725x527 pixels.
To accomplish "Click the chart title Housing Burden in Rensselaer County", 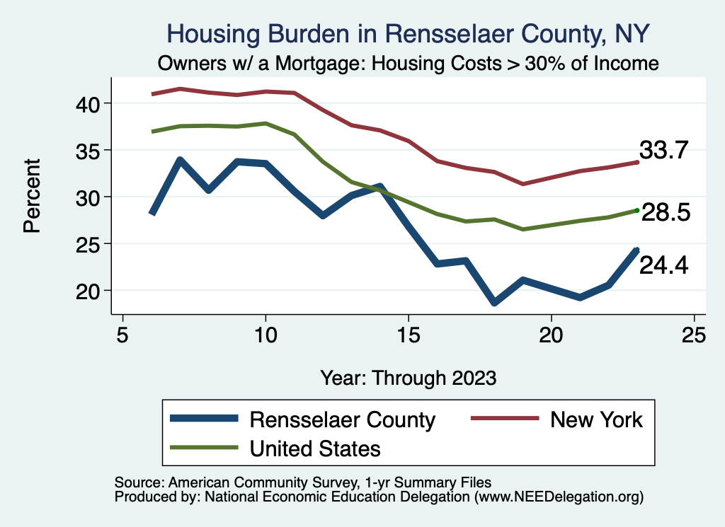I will pyautogui.click(x=407, y=33).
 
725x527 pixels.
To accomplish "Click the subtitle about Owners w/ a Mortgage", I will pyautogui.click(x=409, y=64).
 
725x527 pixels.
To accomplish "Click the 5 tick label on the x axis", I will pyautogui.click(x=123, y=335).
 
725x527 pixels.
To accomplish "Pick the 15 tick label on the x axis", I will pyautogui.click(x=409, y=335).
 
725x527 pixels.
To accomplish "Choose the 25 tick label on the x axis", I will pyautogui.click(x=694, y=335).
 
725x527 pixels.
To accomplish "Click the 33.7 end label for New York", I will pyautogui.click(x=664, y=150).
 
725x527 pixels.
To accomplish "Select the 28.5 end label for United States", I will pyautogui.click(x=666, y=212).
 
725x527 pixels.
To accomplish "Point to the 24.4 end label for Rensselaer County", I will pyautogui.click(x=664, y=265).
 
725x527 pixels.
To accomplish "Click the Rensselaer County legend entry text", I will pyautogui.click(x=342, y=419).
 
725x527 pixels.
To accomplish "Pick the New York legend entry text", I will pyautogui.click(x=596, y=419).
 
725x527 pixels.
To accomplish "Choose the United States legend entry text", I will pyautogui.click(x=315, y=448).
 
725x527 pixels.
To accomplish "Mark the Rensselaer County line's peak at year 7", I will pyautogui.click(x=181, y=161).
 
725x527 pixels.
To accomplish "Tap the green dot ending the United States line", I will pyautogui.click(x=637, y=210).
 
